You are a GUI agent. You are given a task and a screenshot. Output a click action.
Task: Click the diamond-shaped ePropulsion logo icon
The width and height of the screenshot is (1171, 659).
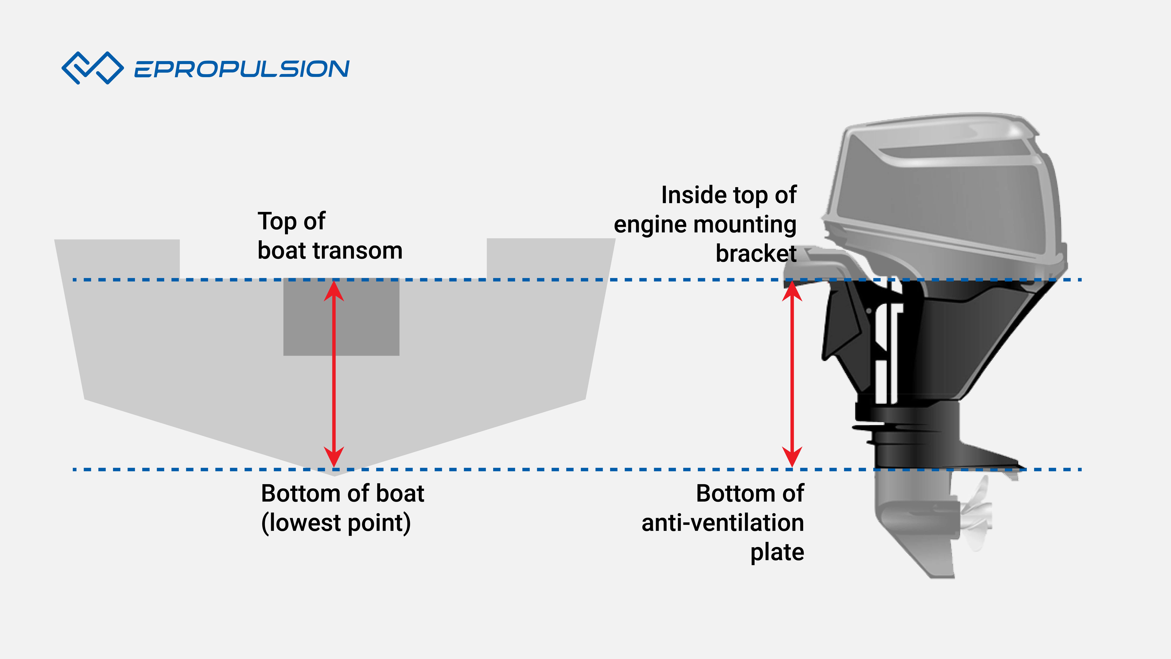tap(92, 68)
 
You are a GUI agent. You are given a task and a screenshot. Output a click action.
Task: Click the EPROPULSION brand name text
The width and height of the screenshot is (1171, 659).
tap(241, 69)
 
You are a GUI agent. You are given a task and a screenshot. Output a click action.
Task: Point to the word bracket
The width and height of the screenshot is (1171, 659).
tap(755, 253)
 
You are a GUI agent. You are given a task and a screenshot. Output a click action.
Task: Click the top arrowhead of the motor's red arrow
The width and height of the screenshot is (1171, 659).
tap(792, 291)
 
